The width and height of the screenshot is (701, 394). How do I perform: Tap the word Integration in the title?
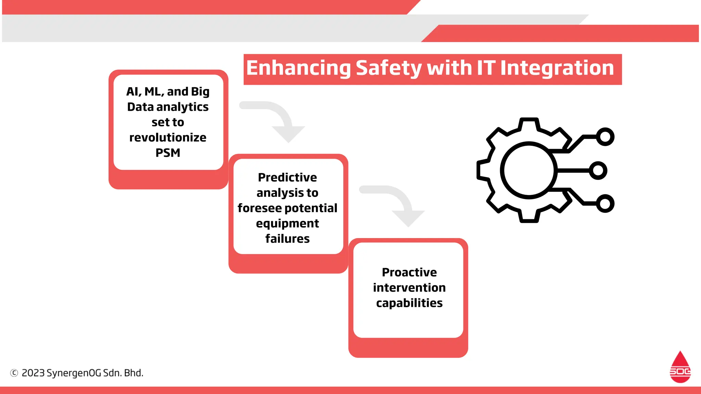(x=557, y=68)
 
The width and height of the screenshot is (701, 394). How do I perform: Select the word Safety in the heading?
(x=388, y=68)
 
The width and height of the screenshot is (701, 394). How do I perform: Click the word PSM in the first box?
(x=168, y=153)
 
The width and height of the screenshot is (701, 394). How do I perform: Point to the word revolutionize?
(x=168, y=137)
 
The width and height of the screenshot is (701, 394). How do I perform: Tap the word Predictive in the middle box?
(x=287, y=178)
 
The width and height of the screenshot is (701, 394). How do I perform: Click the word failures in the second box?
(x=287, y=238)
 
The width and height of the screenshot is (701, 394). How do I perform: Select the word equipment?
(x=287, y=223)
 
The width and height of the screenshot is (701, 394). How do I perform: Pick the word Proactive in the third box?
(x=409, y=272)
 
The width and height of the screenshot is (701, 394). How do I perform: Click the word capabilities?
(x=409, y=303)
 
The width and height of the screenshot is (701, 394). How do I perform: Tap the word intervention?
(x=409, y=288)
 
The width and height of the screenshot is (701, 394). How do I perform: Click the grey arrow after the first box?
(x=279, y=120)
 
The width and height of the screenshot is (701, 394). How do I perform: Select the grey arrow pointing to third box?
(x=399, y=204)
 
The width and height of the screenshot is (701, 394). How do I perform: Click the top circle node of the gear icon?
(x=605, y=137)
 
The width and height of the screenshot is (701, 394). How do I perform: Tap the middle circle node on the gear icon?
(x=598, y=170)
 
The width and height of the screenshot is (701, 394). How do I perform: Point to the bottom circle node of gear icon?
(x=605, y=203)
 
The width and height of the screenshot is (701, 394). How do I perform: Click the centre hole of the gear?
(x=529, y=170)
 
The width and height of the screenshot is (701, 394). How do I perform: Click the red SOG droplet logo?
(x=680, y=368)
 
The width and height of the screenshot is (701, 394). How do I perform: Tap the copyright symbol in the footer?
(x=14, y=373)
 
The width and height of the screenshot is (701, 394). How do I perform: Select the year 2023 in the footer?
(x=33, y=373)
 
